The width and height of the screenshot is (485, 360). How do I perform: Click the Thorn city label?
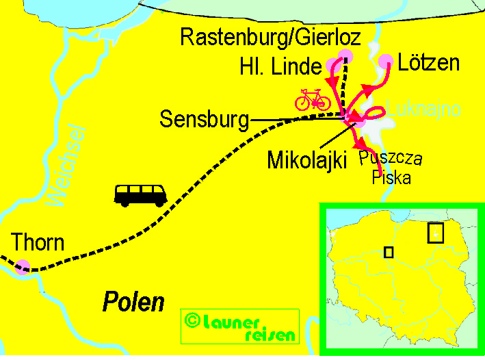pyautogui.click(x=38, y=242)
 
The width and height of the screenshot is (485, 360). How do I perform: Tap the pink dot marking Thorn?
pyautogui.click(x=23, y=266)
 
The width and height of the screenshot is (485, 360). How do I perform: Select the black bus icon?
pyautogui.click(x=141, y=194)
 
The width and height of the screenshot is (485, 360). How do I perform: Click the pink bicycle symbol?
pyautogui.click(x=313, y=100)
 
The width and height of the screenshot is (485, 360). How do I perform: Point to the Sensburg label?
pyautogui.click(x=204, y=120)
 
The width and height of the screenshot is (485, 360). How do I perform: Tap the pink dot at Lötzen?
pyautogui.click(x=386, y=60)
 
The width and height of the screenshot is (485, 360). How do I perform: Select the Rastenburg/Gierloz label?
pyautogui.click(x=270, y=36)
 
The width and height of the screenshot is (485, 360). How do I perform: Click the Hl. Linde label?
pyautogui.click(x=280, y=67)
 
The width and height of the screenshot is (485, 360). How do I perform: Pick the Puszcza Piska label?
pyautogui.click(x=391, y=168)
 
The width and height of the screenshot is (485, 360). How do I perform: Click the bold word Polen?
pyautogui.click(x=134, y=302)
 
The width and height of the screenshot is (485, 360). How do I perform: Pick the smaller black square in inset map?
pyautogui.click(x=389, y=252)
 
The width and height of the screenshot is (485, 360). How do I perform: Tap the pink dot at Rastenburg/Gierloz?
pyautogui.click(x=345, y=56)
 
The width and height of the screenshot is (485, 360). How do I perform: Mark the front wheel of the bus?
pyautogui.click(x=159, y=202)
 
